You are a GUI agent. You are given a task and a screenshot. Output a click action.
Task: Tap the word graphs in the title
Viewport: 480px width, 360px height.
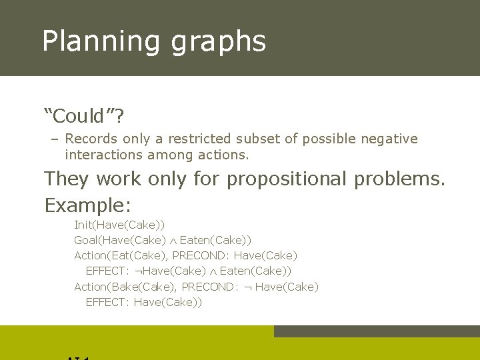(219, 41)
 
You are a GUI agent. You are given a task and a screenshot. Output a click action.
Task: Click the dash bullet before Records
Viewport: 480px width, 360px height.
(54, 139)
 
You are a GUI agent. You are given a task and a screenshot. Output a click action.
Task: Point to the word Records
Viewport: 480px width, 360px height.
(91, 139)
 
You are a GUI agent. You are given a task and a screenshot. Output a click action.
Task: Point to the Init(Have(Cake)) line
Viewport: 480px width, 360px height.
(119, 225)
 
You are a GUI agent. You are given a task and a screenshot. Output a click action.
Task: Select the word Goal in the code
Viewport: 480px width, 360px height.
(86, 240)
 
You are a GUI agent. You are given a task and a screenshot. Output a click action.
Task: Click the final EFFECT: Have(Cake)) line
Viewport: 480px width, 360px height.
(143, 302)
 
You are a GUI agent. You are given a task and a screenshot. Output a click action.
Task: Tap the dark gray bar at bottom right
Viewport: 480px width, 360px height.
(377, 331)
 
